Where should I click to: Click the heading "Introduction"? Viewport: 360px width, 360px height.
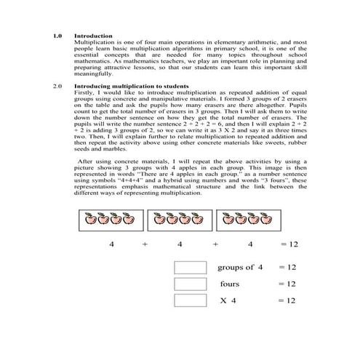pos(93,36)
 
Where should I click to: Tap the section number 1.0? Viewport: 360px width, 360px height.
pos(58,36)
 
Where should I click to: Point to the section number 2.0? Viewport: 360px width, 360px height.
pos(58,87)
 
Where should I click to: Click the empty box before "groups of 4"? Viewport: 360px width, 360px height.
pos(191,268)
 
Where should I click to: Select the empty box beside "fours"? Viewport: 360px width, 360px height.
pos(191,284)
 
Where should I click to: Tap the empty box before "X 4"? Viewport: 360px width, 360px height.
pos(191,300)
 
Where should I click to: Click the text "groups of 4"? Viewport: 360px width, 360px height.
pos(236,268)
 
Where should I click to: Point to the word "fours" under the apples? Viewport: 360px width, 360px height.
pos(229,284)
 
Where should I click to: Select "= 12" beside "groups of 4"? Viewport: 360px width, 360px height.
pos(287,268)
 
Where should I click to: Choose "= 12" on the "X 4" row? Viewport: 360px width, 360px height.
pos(287,300)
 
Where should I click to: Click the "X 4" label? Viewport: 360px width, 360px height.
pos(228,300)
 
